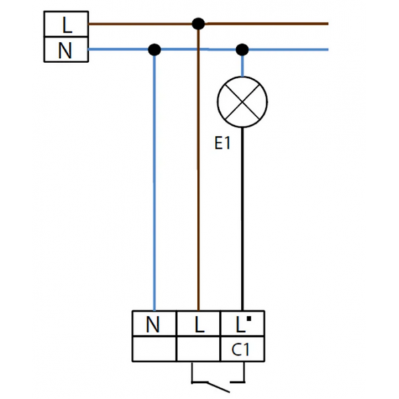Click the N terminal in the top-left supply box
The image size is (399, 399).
[x=65, y=50]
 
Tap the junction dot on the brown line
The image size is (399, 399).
[x=198, y=23]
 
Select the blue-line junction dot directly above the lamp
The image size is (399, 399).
[x=243, y=49]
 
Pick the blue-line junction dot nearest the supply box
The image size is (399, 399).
[x=154, y=49]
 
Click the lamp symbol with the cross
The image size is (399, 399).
[x=243, y=102]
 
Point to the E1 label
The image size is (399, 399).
[x=222, y=143]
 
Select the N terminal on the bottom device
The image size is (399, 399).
[x=154, y=325]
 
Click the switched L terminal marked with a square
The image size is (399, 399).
[x=241, y=325]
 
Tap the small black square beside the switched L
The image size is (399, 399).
[x=248, y=319]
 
